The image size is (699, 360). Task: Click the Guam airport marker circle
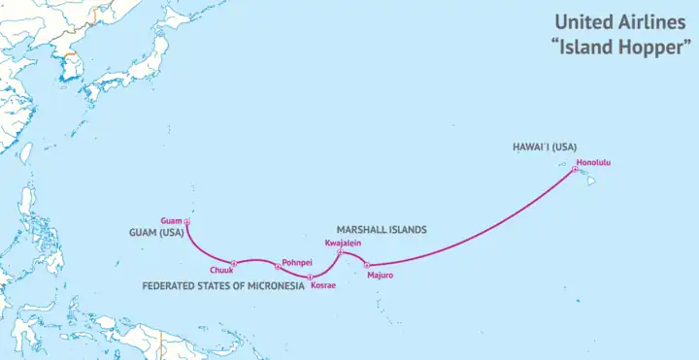(x=187, y=222)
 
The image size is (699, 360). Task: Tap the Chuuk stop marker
(x=234, y=263)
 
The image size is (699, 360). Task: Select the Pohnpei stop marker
(x=278, y=266)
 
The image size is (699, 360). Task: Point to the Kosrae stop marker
(x=310, y=278)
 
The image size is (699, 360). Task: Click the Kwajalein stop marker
(x=339, y=252)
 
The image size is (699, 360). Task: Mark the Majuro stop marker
(x=366, y=265)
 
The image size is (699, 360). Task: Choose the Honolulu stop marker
(x=575, y=170)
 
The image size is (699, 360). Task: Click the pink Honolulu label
(x=594, y=162)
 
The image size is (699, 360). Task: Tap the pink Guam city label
(x=171, y=220)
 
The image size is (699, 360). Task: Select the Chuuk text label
(x=221, y=270)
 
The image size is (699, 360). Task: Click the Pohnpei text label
(x=296, y=263)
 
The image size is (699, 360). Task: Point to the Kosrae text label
(x=323, y=284)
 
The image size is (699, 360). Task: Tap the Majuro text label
(x=381, y=275)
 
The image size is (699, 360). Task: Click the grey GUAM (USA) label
(x=157, y=234)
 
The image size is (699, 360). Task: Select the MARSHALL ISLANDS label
(x=382, y=230)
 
